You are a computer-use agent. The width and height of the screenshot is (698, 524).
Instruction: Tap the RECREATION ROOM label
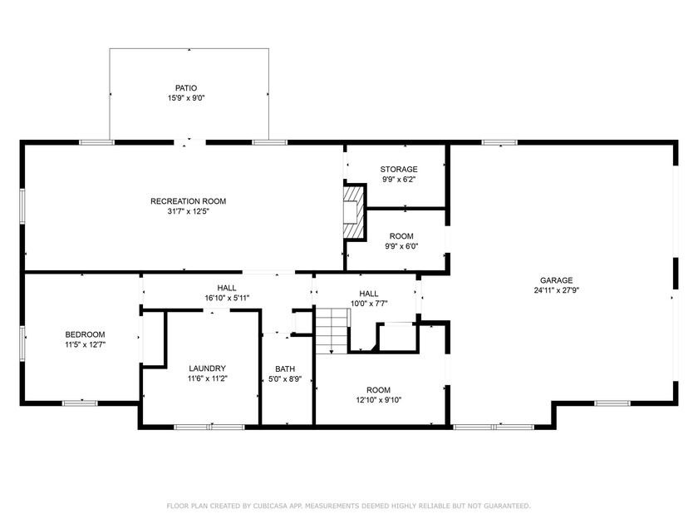tap(188, 200)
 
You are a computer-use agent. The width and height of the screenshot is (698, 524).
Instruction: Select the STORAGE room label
tap(399, 169)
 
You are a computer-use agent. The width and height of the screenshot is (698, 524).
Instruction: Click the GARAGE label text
tap(557, 280)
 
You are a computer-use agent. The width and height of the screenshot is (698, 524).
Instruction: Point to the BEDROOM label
tap(85, 334)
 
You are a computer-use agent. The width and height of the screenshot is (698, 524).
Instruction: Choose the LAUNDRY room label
tap(207, 368)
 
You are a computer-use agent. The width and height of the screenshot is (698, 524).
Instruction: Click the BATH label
tap(285, 368)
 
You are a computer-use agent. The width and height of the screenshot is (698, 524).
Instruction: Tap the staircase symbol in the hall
tap(330, 329)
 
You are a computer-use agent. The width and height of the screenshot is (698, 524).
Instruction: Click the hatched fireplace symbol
tap(355, 205)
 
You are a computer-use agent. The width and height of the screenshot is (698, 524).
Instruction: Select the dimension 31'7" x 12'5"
tap(188, 211)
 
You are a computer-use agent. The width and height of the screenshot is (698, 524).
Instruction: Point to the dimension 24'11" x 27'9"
tap(557, 291)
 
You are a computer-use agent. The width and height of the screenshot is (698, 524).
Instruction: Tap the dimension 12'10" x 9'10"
tap(378, 400)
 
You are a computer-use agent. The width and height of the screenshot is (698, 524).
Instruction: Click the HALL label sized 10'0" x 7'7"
tap(368, 293)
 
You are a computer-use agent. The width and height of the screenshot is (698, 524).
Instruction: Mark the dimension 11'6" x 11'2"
tap(207, 378)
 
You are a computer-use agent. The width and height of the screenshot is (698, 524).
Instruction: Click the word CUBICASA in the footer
tap(275, 505)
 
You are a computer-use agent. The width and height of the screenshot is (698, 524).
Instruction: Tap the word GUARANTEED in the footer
tap(502, 505)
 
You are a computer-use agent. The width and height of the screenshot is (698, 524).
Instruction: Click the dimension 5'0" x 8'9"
tap(285, 379)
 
